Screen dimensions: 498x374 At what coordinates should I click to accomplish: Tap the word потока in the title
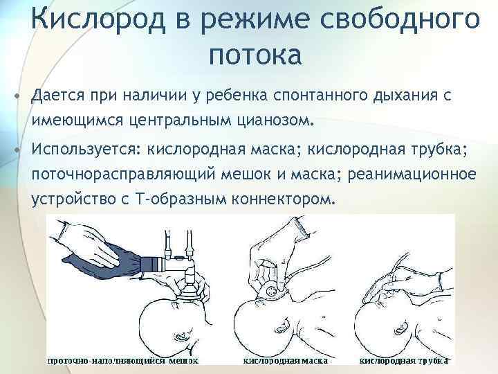point(255,55)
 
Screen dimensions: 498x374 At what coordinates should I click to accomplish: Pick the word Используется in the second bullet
point(85,149)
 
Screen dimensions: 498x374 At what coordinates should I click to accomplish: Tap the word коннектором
point(283,199)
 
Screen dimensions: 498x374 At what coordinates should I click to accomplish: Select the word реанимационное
point(412,175)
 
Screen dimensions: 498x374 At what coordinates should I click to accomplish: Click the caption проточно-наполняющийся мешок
point(122,361)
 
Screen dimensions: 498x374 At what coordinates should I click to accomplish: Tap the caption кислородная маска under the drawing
point(285,361)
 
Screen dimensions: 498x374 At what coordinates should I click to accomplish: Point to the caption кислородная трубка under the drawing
point(404,361)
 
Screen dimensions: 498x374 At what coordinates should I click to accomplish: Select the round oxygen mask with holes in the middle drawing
point(270,291)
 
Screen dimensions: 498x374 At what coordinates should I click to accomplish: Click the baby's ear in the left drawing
point(181,335)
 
